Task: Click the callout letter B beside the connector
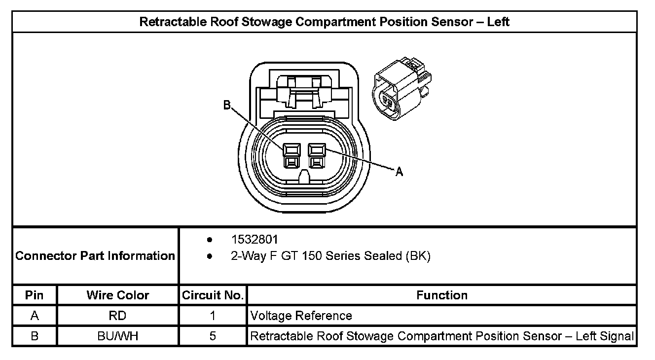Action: click(227, 105)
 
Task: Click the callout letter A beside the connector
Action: click(400, 172)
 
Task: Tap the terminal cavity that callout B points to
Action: click(291, 154)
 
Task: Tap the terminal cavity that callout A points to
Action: click(316, 154)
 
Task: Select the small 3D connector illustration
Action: click(401, 89)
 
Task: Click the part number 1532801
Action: click(255, 240)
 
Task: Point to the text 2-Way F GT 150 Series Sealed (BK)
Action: click(331, 256)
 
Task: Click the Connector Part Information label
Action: click(95, 256)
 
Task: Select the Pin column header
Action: click(35, 295)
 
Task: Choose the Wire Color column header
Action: click(118, 295)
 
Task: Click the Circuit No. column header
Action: click(213, 295)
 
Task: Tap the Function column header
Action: click(442, 295)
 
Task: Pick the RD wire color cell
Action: click(118, 316)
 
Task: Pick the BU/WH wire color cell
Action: click(118, 336)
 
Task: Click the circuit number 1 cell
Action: click(213, 316)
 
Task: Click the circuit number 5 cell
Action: click(213, 336)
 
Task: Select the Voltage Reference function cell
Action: click(301, 316)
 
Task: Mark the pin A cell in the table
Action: click(35, 316)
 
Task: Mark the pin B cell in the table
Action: click(35, 336)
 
